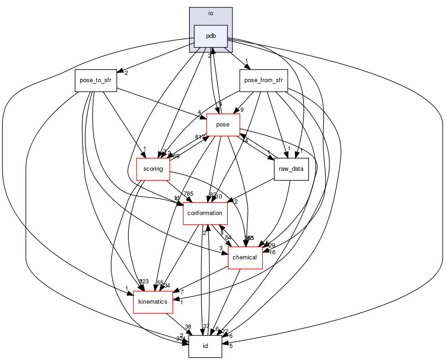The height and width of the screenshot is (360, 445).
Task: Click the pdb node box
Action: (x=211, y=36)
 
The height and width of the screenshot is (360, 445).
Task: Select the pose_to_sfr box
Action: (x=95, y=80)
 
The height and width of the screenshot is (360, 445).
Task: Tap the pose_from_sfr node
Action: (x=263, y=80)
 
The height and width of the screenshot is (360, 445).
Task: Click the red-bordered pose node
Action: (x=223, y=125)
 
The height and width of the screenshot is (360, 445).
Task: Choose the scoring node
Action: (x=153, y=169)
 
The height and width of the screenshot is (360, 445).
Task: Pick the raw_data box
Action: (x=291, y=169)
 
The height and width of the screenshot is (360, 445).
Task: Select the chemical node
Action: (x=245, y=257)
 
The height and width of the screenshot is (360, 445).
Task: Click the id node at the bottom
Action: (x=205, y=346)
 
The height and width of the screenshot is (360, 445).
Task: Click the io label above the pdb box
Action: (x=211, y=13)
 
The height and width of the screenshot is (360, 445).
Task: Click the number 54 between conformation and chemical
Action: (x=228, y=237)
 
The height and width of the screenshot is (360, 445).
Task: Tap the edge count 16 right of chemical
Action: (x=273, y=252)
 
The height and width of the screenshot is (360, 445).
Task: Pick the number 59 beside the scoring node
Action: (x=176, y=156)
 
